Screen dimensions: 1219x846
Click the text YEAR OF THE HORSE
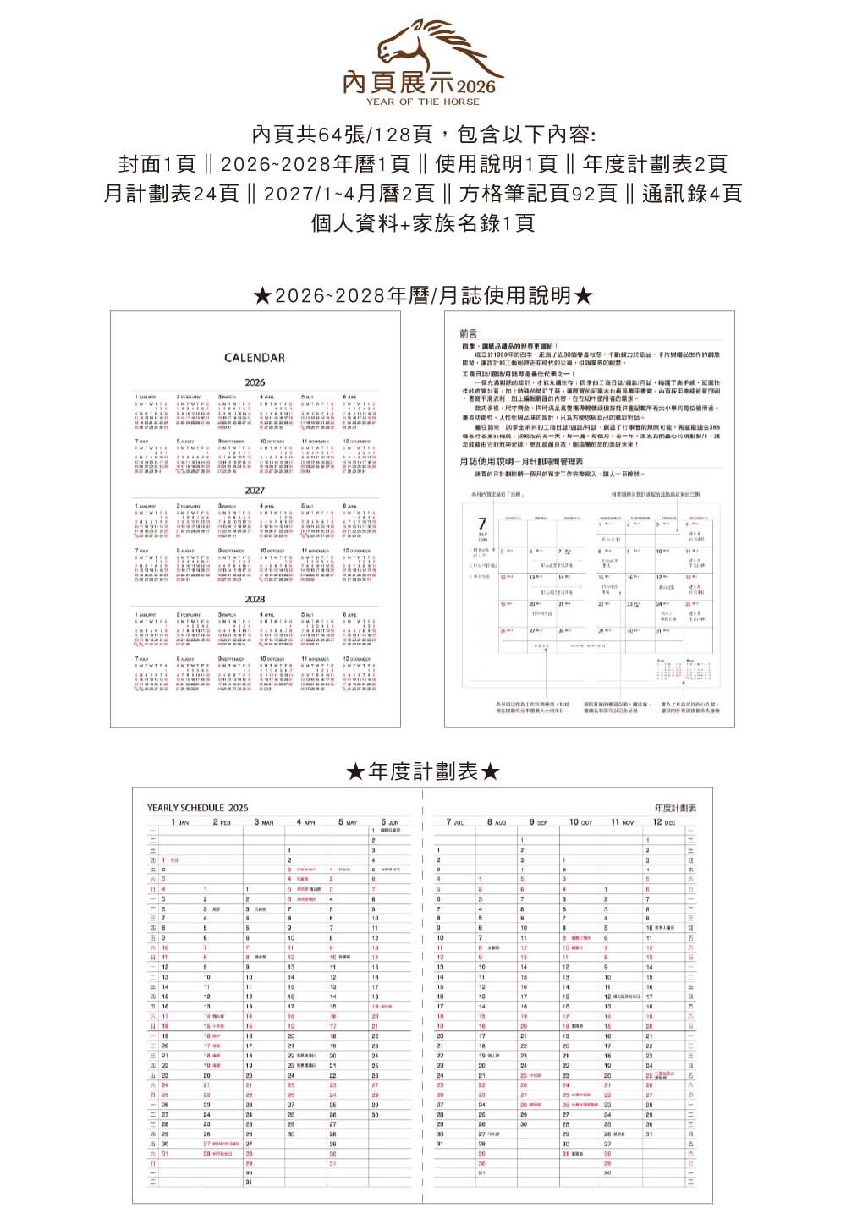[x=422, y=102]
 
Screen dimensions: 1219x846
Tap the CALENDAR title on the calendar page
[x=255, y=358]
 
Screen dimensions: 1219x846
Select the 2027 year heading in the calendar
[x=255, y=491]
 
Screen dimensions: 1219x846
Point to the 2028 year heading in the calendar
[x=255, y=599]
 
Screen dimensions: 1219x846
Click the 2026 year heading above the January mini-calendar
[x=255, y=382]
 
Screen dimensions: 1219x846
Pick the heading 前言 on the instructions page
[x=469, y=334]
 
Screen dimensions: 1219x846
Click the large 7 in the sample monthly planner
[x=482, y=525]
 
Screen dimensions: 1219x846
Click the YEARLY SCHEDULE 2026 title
[x=197, y=808]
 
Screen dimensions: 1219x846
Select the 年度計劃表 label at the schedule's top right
[x=675, y=809]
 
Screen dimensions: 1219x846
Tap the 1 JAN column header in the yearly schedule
[x=180, y=822]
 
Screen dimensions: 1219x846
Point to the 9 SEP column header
[x=538, y=822]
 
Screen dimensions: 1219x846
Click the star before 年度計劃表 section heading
[x=356, y=772]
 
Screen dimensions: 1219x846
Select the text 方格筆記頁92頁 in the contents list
[x=538, y=194]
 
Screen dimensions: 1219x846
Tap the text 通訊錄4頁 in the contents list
[x=691, y=194]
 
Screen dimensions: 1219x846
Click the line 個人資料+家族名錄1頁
[x=422, y=223]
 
